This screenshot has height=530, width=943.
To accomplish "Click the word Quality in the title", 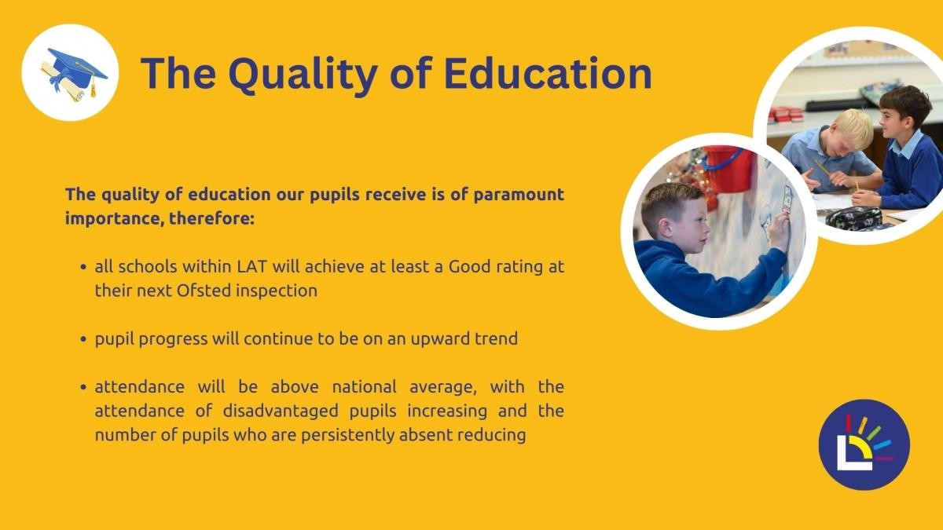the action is click(303, 75).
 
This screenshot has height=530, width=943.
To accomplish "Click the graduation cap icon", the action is click(74, 73).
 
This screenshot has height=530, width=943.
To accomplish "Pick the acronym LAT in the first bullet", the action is click(252, 267).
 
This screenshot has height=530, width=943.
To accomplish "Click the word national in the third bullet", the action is click(364, 387).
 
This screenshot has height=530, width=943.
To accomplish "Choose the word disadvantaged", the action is click(281, 411).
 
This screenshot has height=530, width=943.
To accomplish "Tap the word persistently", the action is click(347, 435).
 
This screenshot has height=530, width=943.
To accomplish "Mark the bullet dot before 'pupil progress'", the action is click(83, 339).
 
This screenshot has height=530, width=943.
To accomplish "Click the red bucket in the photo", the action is click(728, 169).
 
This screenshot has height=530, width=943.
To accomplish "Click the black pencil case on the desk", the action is click(853, 217).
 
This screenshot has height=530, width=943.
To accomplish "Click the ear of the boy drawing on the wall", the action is click(666, 228).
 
